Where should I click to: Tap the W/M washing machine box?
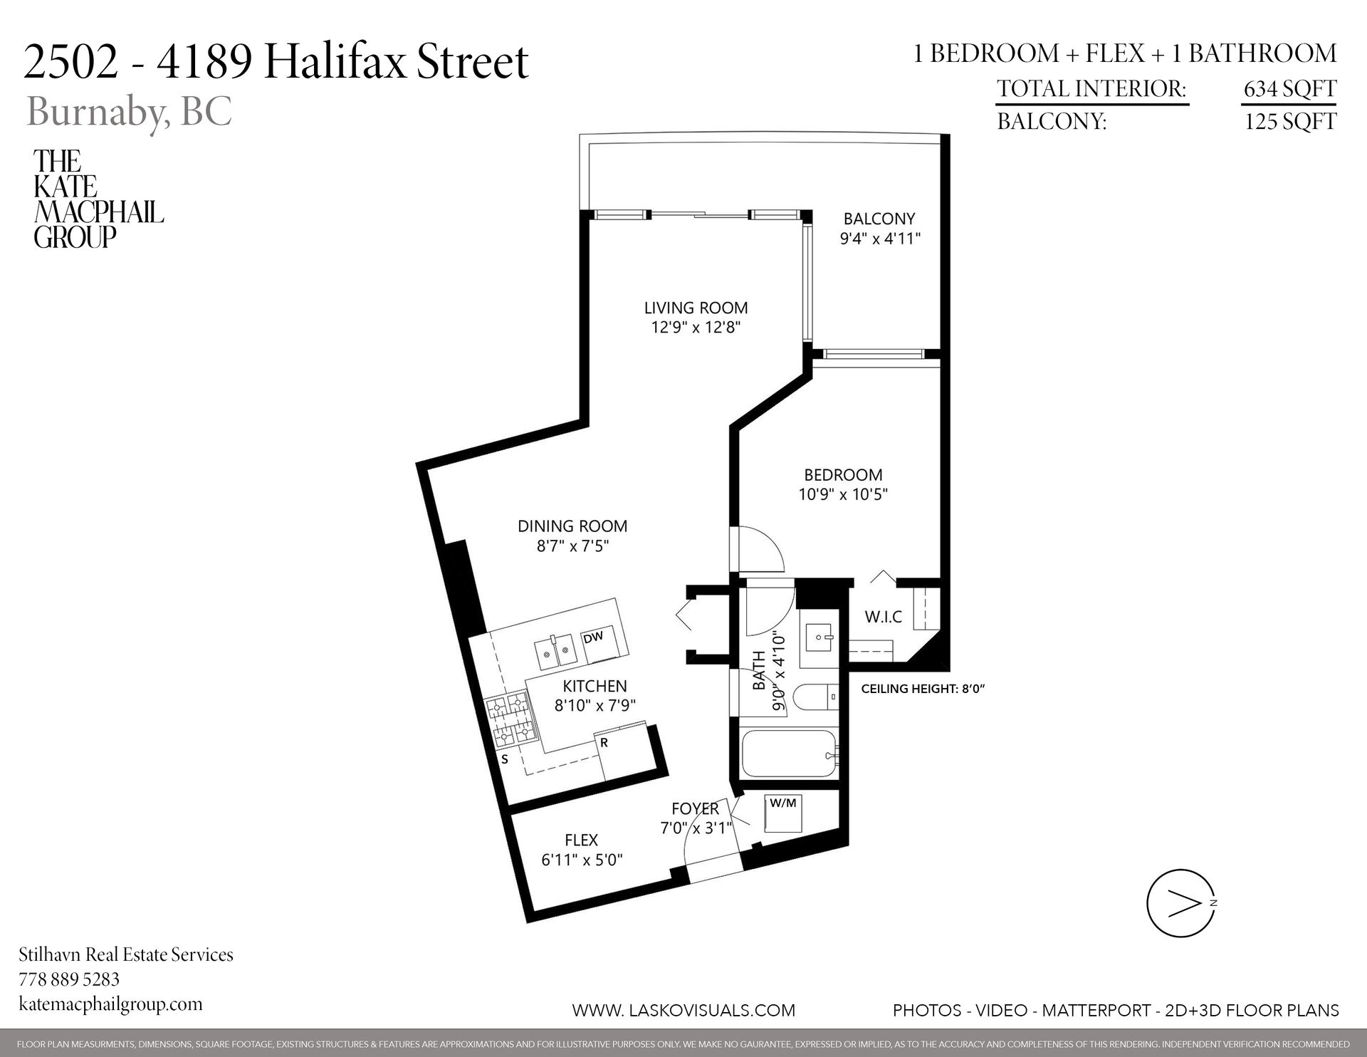(783, 813)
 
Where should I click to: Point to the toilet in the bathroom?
(815, 697)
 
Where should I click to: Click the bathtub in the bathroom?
(789, 764)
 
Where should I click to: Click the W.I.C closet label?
(883, 617)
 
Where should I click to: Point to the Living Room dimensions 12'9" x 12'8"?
(696, 328)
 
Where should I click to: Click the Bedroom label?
(843, 474)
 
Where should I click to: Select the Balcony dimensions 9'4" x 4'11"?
(880, 239)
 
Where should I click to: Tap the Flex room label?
(581, 840)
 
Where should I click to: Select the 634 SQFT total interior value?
(1289, 89)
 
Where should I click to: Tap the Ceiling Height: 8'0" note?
(922, 689)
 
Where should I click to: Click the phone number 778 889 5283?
(69, 979)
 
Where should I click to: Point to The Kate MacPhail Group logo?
(98, 199)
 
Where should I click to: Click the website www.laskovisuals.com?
(683, 1010)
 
